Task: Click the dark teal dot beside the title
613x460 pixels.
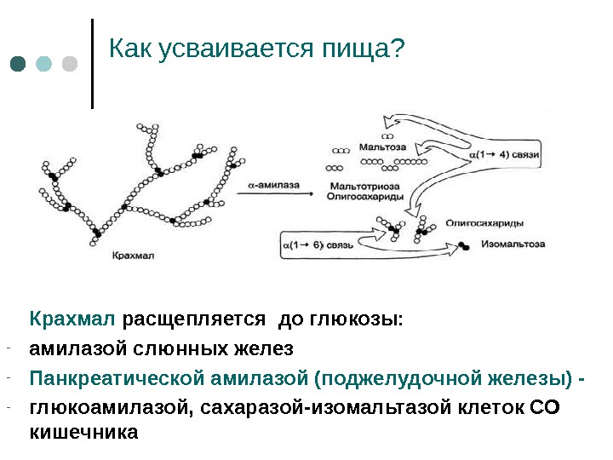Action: (x=19, y=65)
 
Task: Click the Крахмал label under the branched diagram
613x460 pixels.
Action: (x=130, y=255)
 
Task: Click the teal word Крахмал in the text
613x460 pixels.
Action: (x=72, y=320)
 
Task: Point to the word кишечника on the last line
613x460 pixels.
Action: (x=83, y=432)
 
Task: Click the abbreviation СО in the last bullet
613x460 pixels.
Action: (x=544, y=407)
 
